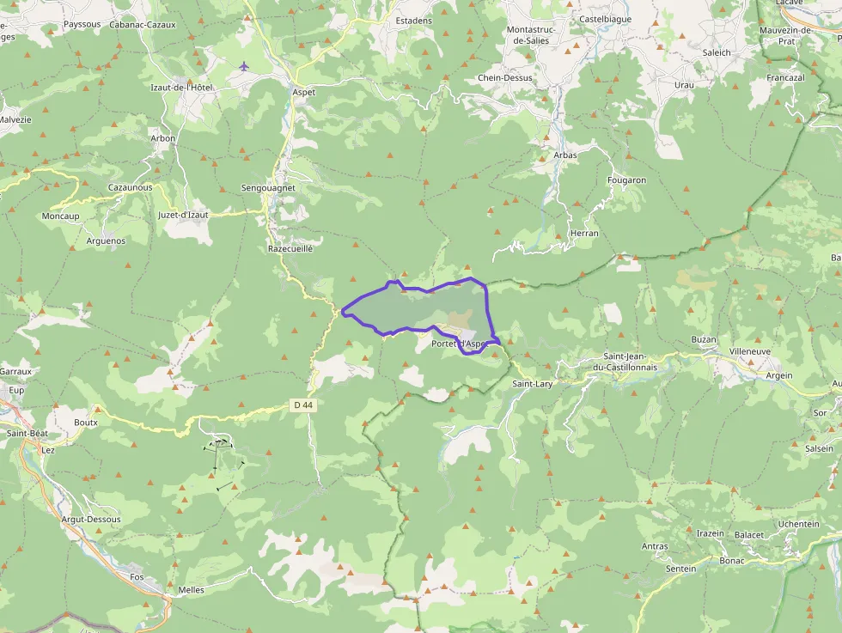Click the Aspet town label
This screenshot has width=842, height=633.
coord(303,92)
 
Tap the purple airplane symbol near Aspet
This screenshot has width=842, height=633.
coord(244,66)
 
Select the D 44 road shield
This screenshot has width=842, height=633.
coord(302,405)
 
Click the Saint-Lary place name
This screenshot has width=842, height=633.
coord(532,384)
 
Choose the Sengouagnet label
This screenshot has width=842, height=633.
coord(268,187)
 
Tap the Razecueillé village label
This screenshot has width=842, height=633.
coord(290,247)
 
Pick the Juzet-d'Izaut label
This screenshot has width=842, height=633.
coord(183,215)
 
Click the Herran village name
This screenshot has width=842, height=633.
coord(584,233)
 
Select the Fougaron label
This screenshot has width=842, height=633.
coord(626,180)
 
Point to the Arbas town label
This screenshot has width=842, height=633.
coord(565,155)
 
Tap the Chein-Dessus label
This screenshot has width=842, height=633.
coord(505,77)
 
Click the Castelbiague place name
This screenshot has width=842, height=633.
coord(606,19)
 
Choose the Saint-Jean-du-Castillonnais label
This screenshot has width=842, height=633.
coord(631,362)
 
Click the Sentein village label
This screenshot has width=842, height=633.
coord(680,569)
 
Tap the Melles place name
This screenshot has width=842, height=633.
coord(191,590)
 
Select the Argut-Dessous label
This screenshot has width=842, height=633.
coord(91,520)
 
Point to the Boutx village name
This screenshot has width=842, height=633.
coord(86,423)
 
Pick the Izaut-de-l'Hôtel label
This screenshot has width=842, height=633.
coord(181,88)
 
